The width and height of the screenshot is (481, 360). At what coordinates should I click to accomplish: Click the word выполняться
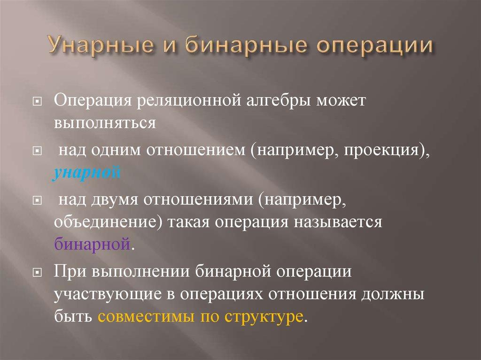point(104,123)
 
